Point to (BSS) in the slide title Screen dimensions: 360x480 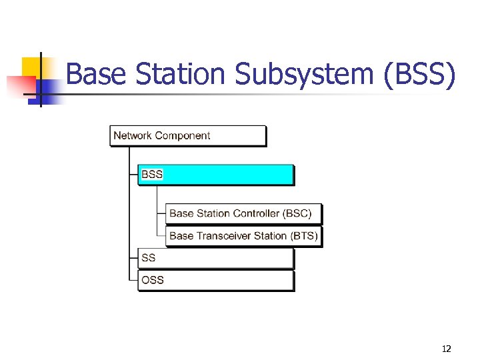coord(420,74)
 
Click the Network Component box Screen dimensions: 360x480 coord(187,135)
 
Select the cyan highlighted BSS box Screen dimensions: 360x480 coord(215,175)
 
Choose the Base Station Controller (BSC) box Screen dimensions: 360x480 coord(243,214)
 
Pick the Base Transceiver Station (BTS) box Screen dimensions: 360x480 coord(243,236)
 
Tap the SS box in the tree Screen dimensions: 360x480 coord(215,258)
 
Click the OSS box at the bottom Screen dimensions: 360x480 coord(215,280)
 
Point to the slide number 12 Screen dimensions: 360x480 coord(446,348)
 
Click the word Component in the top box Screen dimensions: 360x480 coord(183,135)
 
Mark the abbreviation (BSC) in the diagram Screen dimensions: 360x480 coord(297,214)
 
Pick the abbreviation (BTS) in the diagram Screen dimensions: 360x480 coord(305,236)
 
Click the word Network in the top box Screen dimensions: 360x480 coord(133,135)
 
